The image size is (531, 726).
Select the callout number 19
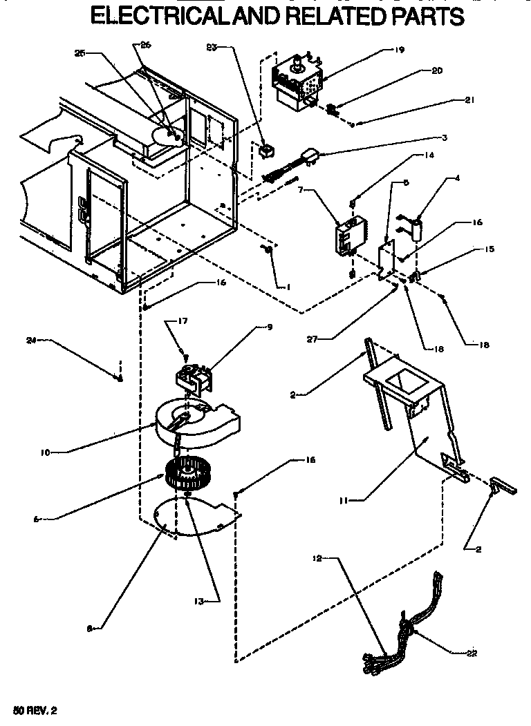coord(399,50)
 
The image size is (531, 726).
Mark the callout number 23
coord(212,47)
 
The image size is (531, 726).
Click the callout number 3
coord(445,137)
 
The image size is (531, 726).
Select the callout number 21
coord(469,100)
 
